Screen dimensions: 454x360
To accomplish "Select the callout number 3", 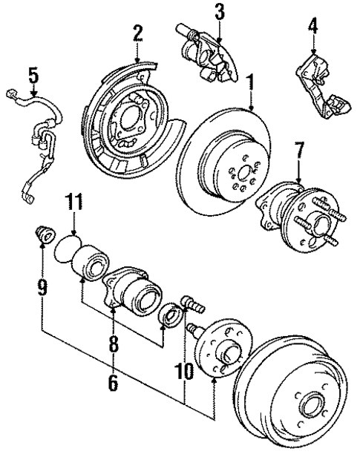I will [218, 11].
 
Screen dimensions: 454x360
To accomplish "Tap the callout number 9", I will [42, 284].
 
